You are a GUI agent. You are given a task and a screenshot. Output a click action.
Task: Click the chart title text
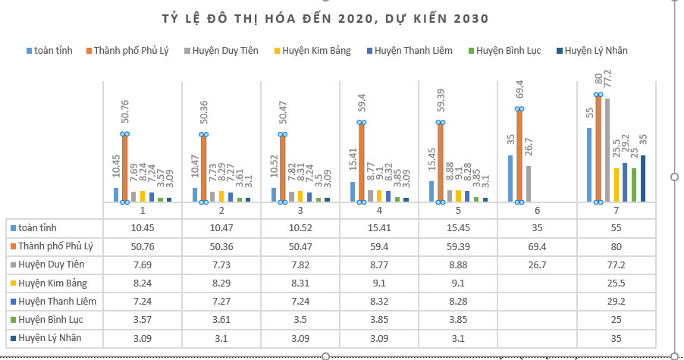tap(325, 19)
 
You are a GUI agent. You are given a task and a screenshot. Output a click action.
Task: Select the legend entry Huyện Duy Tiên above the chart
tap(221, 51)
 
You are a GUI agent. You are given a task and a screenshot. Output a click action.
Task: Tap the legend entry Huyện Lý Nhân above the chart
tap(592, 51)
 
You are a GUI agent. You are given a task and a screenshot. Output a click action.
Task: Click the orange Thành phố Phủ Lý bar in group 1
tap(125, 168)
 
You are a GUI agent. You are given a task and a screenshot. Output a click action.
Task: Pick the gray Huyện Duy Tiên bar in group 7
tap(607, 150)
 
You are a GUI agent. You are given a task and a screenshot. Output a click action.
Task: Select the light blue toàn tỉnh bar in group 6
tap(510, 179)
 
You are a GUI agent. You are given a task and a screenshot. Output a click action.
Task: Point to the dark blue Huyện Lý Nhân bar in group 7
tap(643, 179)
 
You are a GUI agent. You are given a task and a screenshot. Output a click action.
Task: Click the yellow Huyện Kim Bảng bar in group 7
tap(617, 185)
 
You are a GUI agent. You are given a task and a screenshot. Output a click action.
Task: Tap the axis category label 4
tap(379, 211)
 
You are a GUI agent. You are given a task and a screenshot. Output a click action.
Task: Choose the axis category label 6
tap(537, 211)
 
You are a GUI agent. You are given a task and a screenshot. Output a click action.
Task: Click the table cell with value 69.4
tap(537, 246)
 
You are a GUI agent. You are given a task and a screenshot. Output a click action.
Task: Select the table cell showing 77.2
tap(616, 265)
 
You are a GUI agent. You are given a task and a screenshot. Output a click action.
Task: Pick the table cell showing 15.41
tap(379, 228)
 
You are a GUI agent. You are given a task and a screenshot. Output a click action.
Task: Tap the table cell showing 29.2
tap(616, 301)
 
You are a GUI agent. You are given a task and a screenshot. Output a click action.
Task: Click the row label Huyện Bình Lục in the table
tap(51, 320)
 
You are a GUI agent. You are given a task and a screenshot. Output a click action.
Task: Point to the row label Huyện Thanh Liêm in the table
tap(57, 302)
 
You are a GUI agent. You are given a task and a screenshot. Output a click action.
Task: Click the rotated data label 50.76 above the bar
tap(125, 111)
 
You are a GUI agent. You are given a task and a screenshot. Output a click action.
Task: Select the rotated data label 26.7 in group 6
tap(529, 147)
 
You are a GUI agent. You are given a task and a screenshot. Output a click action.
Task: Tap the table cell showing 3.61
tap(221, 320)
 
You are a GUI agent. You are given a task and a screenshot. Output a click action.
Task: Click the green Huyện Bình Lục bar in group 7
tap(634, 185)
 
